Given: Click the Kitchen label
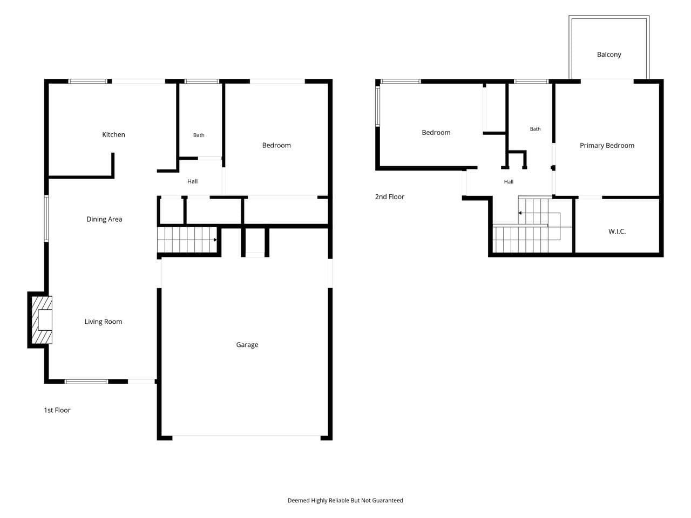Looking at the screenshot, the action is [114, 134].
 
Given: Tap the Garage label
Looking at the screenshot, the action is [247, 345].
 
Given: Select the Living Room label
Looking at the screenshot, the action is [103, 322].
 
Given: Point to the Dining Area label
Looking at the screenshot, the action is [104, 219].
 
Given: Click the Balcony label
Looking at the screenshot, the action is [609, 54].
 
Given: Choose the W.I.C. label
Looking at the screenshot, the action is [617, 231].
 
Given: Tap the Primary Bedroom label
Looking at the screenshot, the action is [607, 146].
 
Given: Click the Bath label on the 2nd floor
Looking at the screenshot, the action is [535, 129].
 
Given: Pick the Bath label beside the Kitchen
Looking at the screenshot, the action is [199, 135].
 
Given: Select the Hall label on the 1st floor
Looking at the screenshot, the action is [192, 181].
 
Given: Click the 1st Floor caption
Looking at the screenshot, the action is [57, 410].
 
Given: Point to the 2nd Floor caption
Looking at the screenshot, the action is [389, 197].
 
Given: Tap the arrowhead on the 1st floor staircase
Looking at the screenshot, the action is [215, 240].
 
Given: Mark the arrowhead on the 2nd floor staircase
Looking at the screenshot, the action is [520, 213].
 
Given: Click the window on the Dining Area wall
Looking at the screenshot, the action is [46, 219].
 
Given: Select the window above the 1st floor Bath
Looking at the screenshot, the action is [202, 81].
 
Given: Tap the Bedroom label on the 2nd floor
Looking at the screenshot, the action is [436, 133].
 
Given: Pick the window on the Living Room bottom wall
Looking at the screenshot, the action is [86, 381].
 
